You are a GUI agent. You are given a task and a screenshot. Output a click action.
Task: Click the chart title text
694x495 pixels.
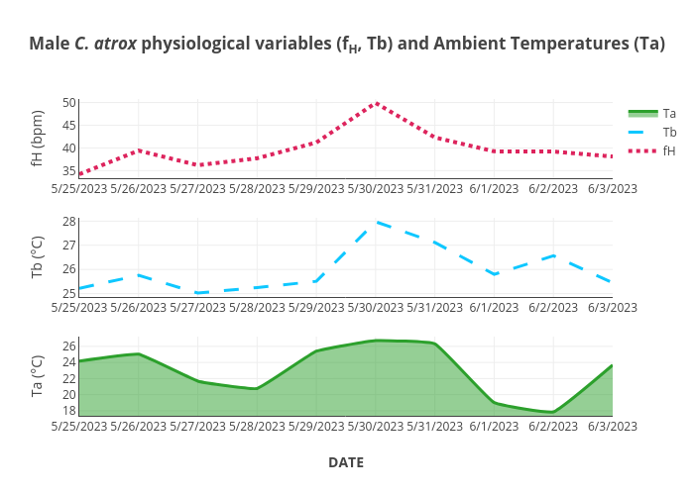tap(346, 45)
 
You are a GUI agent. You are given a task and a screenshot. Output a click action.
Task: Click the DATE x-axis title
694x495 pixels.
tap(346, 462)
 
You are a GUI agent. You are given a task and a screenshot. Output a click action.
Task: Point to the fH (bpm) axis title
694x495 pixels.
tap(38, 139)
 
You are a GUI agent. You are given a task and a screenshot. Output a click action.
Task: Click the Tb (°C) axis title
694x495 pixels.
tap(38, 256)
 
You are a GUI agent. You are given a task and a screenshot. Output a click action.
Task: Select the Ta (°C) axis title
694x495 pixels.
tap(38, 376)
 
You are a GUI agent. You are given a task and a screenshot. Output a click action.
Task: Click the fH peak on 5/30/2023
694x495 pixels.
tap(376, 103)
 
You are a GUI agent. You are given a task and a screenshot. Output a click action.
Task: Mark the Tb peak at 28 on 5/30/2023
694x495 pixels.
tap(376, 222)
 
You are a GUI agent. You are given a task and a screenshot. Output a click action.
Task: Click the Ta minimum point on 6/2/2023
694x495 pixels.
tap(553, 412)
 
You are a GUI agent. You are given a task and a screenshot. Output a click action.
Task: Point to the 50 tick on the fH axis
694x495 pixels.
tap(68, 102)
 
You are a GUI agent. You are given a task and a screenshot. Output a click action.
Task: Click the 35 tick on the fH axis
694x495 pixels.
tap(68, 170)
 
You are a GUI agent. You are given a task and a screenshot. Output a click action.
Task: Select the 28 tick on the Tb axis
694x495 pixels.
tap(69, 221)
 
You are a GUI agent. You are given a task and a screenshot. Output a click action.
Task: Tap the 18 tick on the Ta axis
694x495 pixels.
tap(69, 410)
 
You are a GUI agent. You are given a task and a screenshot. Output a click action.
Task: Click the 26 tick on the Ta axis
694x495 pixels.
tap(69, 346)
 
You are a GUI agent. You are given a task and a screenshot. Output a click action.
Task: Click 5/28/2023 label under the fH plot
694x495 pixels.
tap(257, 188)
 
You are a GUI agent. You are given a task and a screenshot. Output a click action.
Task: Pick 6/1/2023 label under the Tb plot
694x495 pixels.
tap(494, 307)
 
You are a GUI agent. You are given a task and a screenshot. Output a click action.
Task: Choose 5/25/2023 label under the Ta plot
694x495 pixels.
tap(78, 426)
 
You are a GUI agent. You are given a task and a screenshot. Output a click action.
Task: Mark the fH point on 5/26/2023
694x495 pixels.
tap(139, 150)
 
